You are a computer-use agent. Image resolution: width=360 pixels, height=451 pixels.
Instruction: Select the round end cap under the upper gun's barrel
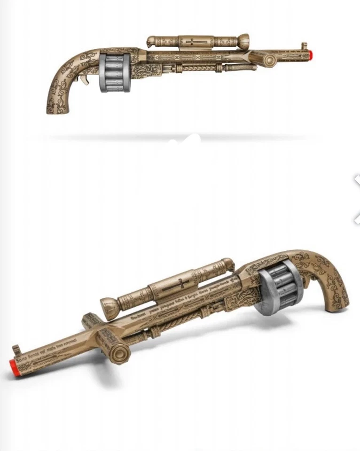(269, 60)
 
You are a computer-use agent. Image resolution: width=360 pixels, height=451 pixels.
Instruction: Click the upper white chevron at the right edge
(357, 180)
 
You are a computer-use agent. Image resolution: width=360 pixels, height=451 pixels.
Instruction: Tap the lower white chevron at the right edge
(357, 218)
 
